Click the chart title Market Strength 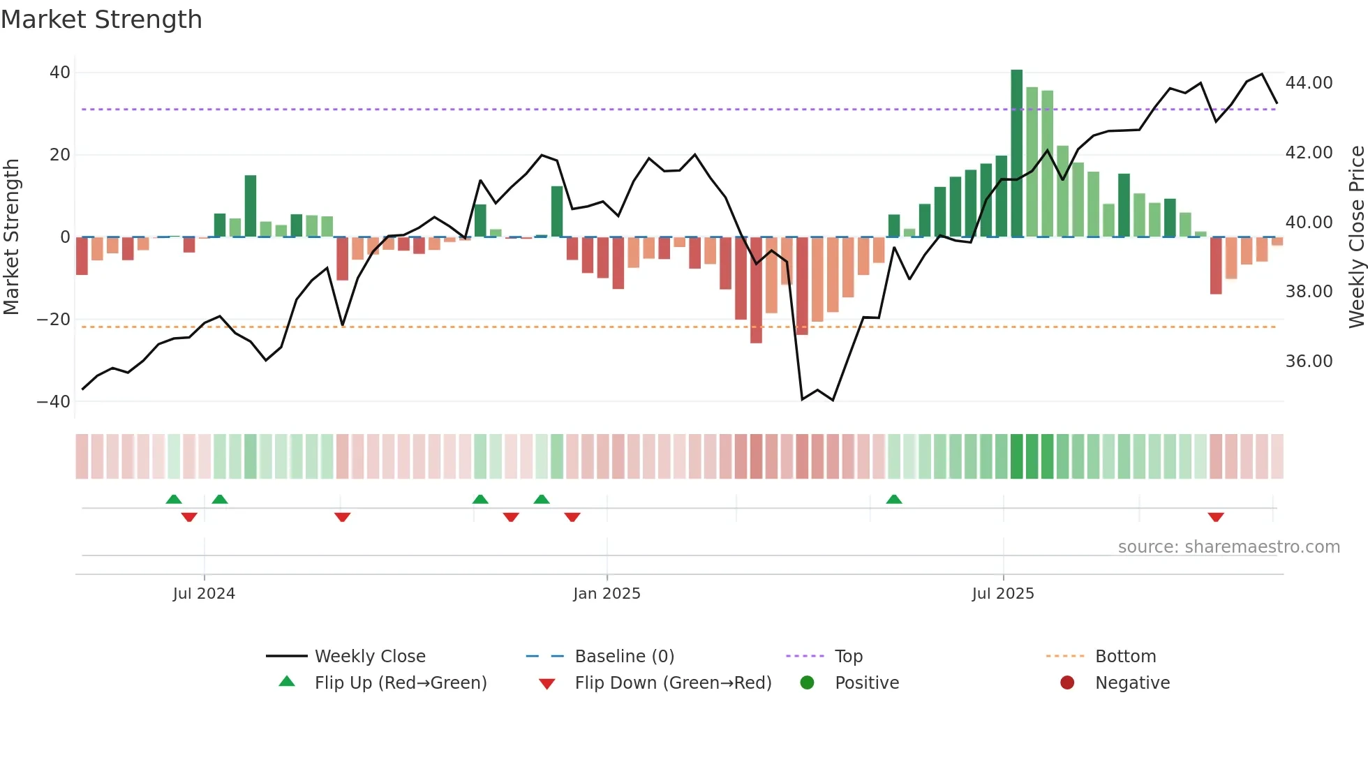[101, 20]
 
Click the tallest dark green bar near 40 [1016, 154]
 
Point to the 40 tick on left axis [60, 73]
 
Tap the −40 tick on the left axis [54, 402]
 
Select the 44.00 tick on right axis [1309, 83]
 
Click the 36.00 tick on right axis [1309, 361]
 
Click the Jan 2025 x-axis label [607, 594]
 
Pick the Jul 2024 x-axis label [204, 594]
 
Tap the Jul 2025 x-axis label [1003, 594]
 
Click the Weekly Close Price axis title [1356, 237]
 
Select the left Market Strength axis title [11, 237]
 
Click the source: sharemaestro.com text [1228, 547]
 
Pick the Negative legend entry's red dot [1067, 683]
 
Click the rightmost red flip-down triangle [1216, 517]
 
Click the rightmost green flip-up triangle [894, 499]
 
